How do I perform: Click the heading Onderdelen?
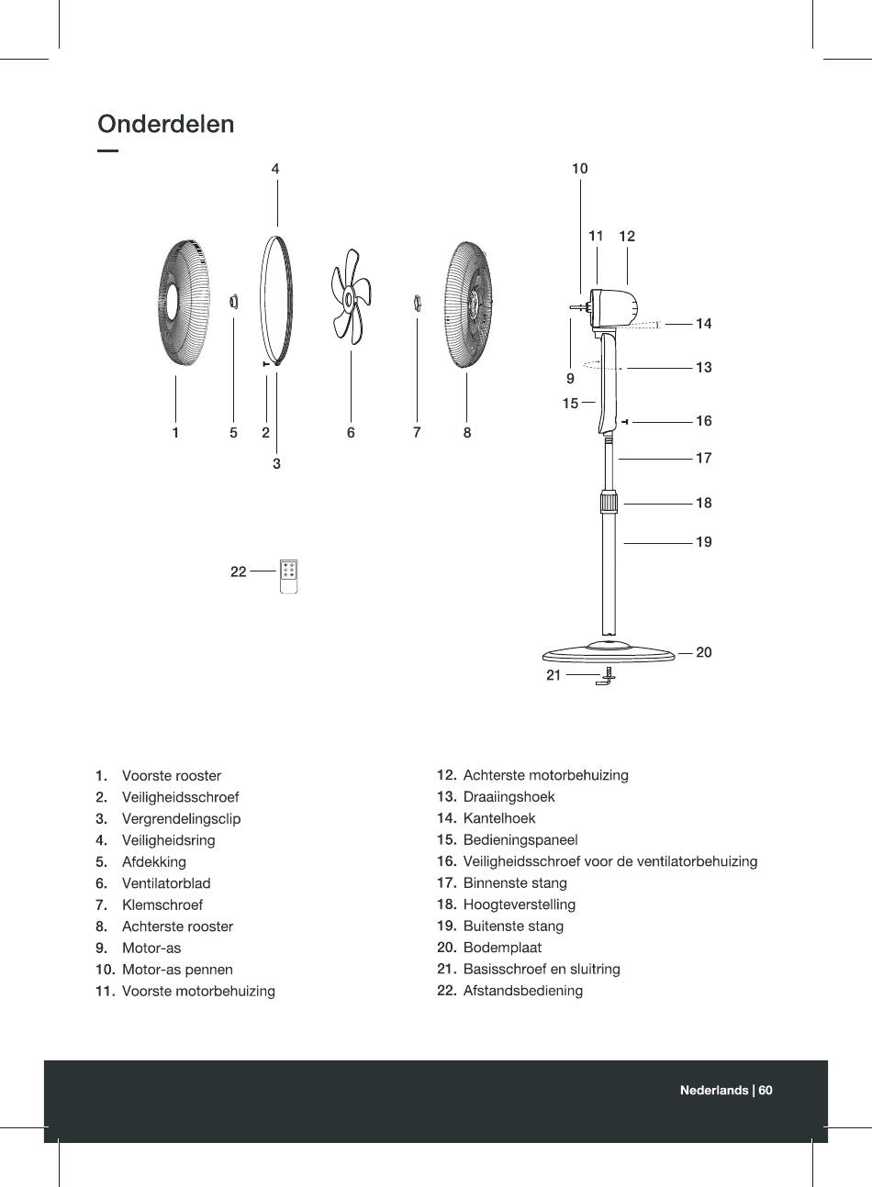pos(166,124)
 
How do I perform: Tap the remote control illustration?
pos(288,576)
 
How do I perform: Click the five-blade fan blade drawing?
pos(351,296)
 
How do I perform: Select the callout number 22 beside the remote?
pos(239,571)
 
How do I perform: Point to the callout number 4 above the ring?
pos(275,169)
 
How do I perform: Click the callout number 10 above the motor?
pos(579,169)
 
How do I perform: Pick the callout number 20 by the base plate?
pos(703,652)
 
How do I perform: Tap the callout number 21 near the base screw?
pos(553,675)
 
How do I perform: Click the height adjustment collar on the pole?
pos(609,503)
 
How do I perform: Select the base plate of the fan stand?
pos(609,652)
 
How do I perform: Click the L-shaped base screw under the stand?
pos(606,677)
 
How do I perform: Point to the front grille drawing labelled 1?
pos(184,303)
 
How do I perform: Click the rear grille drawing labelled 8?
pos(469,305)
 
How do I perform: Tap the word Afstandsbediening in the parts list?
pos(522,991)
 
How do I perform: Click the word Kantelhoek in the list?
pos(499,818)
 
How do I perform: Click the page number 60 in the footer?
pos(766,1090)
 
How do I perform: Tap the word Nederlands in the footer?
pos(714,1090)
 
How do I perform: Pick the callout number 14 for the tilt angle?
pos(703,323)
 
